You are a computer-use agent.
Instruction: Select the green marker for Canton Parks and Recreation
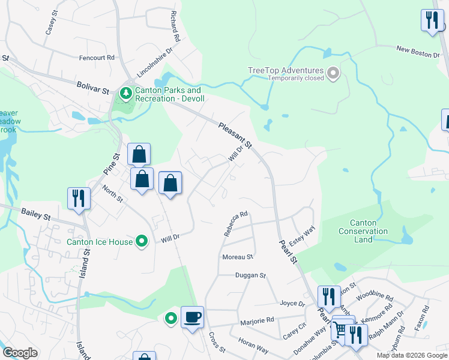coord(126,93)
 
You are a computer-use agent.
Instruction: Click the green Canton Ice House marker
coord(142,242)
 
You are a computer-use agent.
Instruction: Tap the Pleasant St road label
coord(235,134)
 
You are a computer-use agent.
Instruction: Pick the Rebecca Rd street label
coord(236,223)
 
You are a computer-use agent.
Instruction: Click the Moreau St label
coord(238,257)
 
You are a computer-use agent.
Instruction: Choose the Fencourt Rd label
coord(97,58)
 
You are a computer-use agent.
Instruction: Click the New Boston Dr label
coord(418,53)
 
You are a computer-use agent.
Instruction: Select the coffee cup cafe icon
coord(192,316)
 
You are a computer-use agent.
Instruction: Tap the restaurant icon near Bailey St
coord(79,197)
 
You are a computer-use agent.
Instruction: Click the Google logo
coord(20,353)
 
